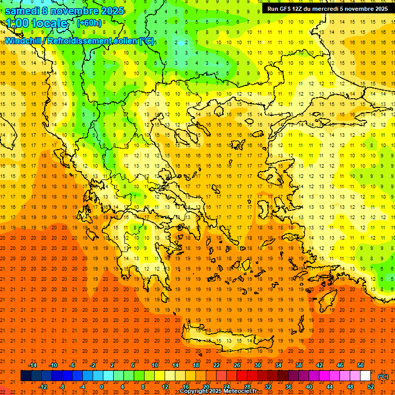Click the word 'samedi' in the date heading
click(x=24, y=11)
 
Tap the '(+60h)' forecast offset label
click(x=89, y=23)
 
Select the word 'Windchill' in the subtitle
click(x=26, y=41)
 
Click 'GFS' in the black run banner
click(x=286, y=9)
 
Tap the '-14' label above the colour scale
click(x=33, y=365)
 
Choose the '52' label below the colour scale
click(x=371, y=387)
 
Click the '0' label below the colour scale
click(x=102, y=387)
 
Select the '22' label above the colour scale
click(x=217, y=365)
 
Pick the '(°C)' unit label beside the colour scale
click(x=383, y=376)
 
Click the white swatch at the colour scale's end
click(x=365, y=376)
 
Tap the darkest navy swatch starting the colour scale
click(x=26, y=376)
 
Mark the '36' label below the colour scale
click(x=288, y=387)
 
